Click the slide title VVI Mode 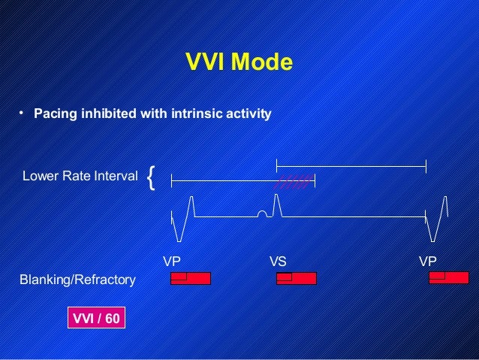click(x=239, y=62)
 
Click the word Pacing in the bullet click(x=55, y=114)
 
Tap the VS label click(x=278, y=262)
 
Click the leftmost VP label click(x=173, y=262)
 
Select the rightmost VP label click(x=428, y=262)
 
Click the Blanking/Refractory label click(x=77, y=280)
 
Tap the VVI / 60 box click(x=96, y=318)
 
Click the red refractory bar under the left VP click(x=191, y=279)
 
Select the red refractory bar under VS click(x=297, y=279)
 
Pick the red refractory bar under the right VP click(x=448, y=279)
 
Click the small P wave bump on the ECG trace click(x=261, y=215)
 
